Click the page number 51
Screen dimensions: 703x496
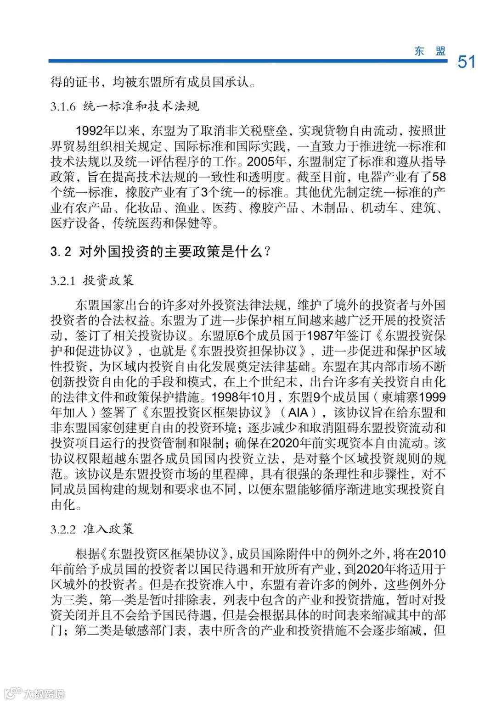tap(467, 61)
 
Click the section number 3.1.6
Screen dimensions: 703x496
tap(62, 106)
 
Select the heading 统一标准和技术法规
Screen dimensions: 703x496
tap(141, 106)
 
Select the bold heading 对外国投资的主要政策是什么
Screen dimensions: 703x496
tap(171, 251)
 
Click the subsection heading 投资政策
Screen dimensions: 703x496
tap(108, 280)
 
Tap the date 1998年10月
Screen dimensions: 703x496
tap(243, 397)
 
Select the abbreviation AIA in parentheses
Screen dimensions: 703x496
tap(298, 412)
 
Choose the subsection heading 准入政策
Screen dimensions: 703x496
tap(108, 529)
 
